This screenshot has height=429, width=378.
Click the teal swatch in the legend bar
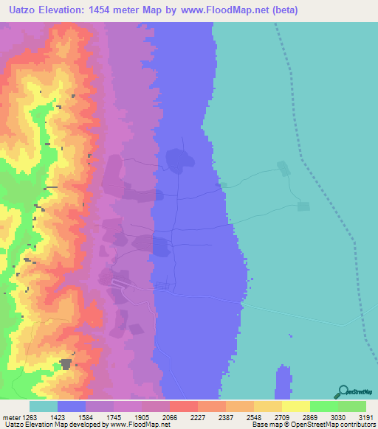[44, 406]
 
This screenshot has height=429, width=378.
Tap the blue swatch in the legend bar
[72, 406]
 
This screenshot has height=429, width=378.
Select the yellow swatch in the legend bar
[295, 406]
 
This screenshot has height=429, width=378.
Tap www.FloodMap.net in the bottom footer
[140, 425]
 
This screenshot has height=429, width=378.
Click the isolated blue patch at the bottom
[283, 383]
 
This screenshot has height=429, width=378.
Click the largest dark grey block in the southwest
[66, 363]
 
